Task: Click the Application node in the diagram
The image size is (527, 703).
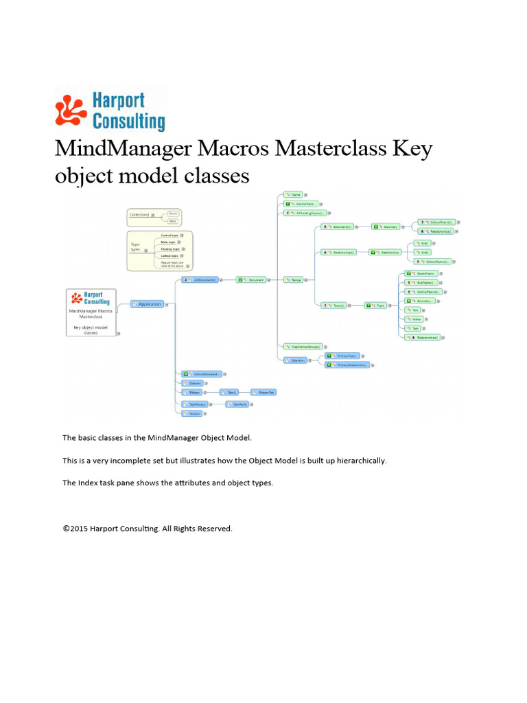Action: click(148, 304)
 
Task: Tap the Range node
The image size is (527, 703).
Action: click(296, 279)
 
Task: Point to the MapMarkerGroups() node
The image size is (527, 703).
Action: click(305, 347)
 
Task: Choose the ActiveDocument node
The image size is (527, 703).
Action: click(202, 374)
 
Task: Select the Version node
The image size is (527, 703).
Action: click(191, 414)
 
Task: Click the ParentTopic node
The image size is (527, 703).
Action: click(423, 273)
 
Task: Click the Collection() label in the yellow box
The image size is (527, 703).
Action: click(141, 215)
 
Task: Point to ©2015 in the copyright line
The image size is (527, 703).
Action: click(75, 529)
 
